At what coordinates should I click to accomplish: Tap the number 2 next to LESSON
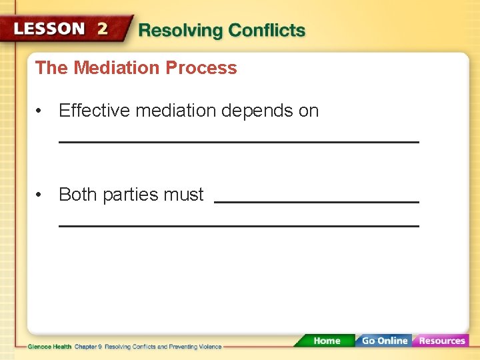point(102,29)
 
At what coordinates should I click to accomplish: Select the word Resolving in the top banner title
point(181,31)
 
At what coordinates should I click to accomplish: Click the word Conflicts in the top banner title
point(267,31)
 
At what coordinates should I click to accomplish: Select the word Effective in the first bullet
point(94,111)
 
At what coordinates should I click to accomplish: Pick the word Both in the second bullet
point(79,195)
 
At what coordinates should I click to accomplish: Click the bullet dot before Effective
point(41,111)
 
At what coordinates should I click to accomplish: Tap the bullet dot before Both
point(41,195)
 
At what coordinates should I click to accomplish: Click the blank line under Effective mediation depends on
point(239,142)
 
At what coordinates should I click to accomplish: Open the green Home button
point(326,341)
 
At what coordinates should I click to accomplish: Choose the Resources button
point(441,341)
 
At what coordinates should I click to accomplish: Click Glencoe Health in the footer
point(50,347)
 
